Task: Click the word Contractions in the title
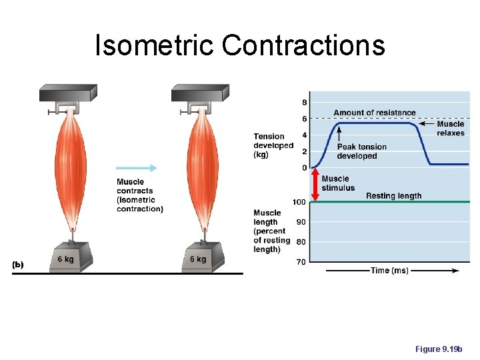coord(303,45)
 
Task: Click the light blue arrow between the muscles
coord(136,168)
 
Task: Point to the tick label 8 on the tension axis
coord(305,103)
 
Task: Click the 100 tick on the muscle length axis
coord(299,202)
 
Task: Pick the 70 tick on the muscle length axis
coord(301,262)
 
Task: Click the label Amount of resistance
coord(375,113)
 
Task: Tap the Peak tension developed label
coord(361,151)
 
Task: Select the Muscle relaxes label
coord(451,128)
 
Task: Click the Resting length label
coord(393,196)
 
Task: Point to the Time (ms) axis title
coord(390,271)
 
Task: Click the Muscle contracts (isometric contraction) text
coord(139,195)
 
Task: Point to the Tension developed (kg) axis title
coord(273,145)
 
